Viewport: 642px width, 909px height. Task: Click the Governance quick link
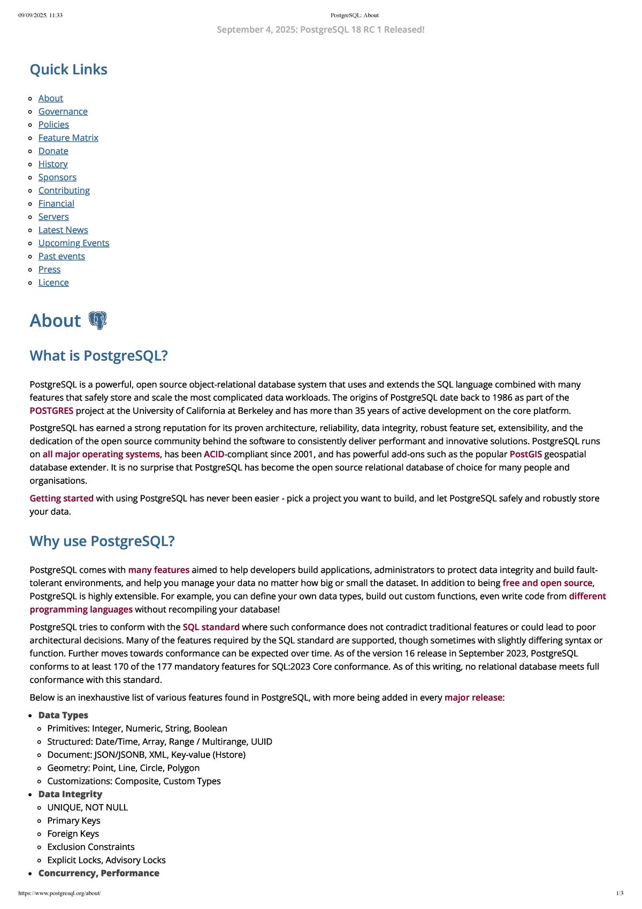(x=63, y=111)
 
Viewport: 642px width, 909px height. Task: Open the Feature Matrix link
(x=68, y=138)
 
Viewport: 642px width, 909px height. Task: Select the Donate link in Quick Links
(x=53, y=151)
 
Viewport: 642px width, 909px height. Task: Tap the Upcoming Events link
(x=73, y=243)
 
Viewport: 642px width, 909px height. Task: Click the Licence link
(x=53, y=283)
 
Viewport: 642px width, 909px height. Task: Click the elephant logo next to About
(x=97, y=320)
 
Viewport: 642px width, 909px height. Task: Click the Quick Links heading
(x=68, y=70)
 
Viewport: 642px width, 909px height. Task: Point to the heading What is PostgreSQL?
(x=98, y=356)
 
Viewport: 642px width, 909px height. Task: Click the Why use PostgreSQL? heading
(x=102, y=541)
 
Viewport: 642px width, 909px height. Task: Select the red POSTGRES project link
(x=51, y=411)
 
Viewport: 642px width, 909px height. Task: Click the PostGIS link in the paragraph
(x=525, y=454)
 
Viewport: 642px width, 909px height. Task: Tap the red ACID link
(x=214, y=454)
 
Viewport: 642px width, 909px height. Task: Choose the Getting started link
(x=62, y=498)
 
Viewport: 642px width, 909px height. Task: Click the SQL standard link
(x=211, y=627)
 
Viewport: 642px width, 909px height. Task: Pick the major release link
(x=473, y=698)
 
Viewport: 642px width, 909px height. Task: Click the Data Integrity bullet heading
(x=70, y=794)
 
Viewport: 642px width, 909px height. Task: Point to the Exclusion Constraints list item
(x=91, y=847)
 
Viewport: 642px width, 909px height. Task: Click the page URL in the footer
(x=59, y=893)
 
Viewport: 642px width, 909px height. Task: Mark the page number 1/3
(x=620, y=893)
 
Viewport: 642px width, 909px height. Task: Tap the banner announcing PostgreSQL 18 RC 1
(x=320, y=30)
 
